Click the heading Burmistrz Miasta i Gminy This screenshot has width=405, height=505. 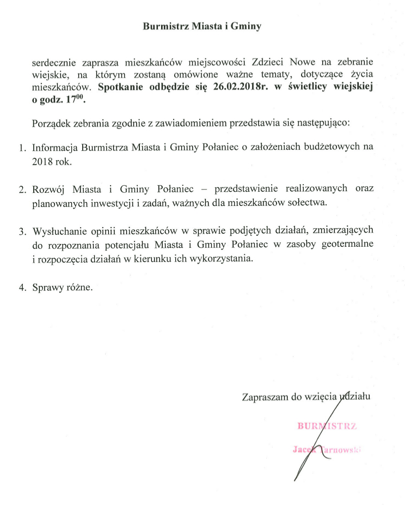point(202,26)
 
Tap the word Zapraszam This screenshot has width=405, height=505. point(265,397)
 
